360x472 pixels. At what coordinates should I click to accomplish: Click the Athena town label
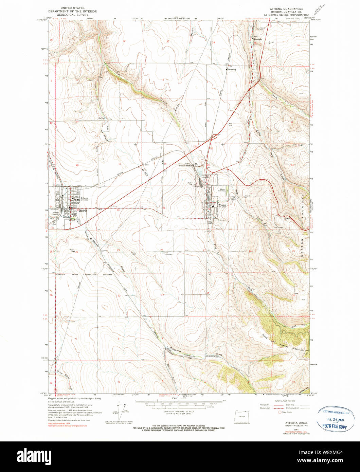point(85,198)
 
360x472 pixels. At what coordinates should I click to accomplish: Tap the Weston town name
point(222,205)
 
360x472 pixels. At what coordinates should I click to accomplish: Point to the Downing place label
point(232,70)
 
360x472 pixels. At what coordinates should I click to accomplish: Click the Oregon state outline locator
point(241,416)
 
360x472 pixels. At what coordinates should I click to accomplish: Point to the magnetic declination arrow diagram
point(120,412)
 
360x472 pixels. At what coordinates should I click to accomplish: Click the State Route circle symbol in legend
point(280,412)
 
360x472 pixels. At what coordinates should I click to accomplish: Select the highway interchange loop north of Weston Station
point(215,137)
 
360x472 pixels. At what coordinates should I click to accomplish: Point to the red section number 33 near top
point(167,41)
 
